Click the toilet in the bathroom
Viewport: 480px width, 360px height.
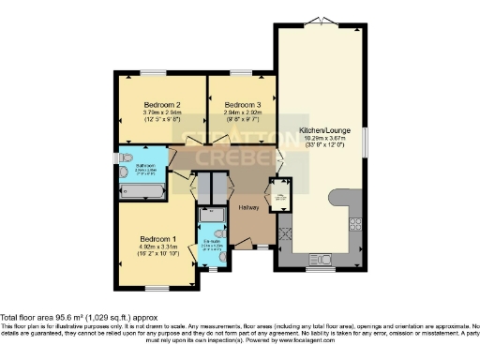point(122,159)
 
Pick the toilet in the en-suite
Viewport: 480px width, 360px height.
point(217,234)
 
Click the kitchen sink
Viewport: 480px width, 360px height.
point(320,259)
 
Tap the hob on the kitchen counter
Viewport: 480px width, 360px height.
point(355,223)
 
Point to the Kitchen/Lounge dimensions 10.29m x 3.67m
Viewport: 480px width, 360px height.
point(319,141)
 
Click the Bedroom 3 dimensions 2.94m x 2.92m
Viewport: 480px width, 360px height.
point(241,113)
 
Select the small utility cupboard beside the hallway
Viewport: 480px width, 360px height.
point(279,196)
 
